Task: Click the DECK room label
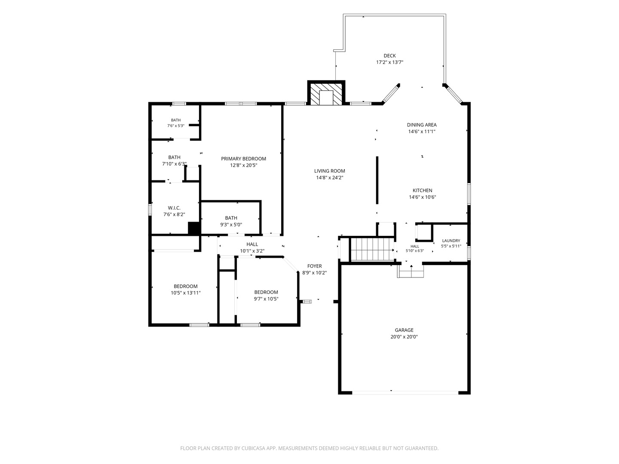[x=389, y=56]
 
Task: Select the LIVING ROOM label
[x=329, y=171]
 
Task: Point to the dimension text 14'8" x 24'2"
[x=329, y=177]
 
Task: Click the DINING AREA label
[x=422, y=125]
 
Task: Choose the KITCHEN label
[x=422, y=190]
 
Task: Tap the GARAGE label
[x=404, y=330]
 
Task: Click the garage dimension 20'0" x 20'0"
[x=404, y=337]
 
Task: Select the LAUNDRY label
[x=451, y=241]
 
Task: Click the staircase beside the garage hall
[x=372, y=250]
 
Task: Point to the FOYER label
[x=314, y=266]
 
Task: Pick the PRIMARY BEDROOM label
[x=243, y=159]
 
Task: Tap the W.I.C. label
[x=174, y=208]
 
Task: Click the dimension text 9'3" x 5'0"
[x=231, y=225]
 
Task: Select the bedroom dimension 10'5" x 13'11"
[x=186, y=293]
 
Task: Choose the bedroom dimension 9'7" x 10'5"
[x=266, y=299]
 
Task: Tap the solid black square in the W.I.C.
[x=194, y=228]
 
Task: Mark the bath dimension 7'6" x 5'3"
[x=176, y=125]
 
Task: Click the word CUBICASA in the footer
[x=253, y=448]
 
